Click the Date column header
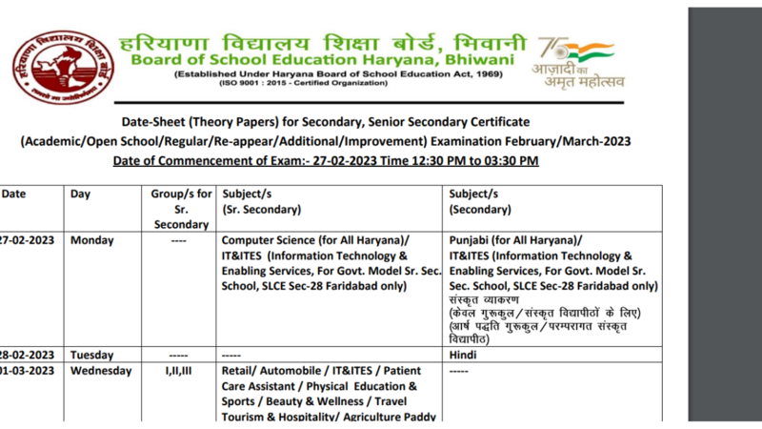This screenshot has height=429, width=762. pyautogui.click(x=13, y=194)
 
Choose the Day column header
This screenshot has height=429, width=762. pyautogui.click(x=81, y=194)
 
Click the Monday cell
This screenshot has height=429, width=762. pyautogui.click(x=92, y=240)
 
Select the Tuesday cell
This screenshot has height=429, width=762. pyautogui.click(x=92, y=355)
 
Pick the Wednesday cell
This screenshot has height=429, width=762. pyautogui.click(x=101, y=371)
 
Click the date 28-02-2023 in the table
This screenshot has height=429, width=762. pyautogui.click(x=26, y=355)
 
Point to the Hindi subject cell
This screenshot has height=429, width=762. pyautogui.click(x=464, y=355)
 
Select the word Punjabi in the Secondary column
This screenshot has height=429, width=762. pyautogui.click(x=471, y=240)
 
